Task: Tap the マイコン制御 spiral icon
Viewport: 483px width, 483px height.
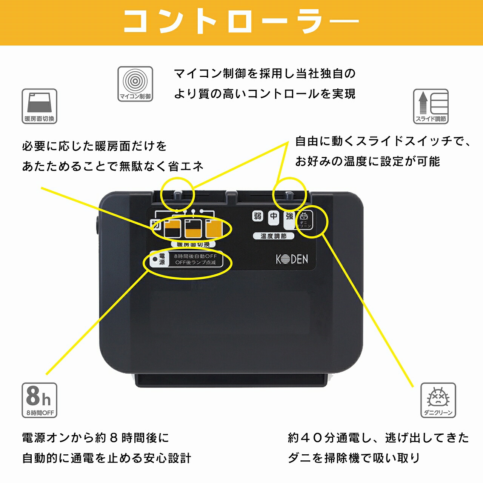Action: coord(135,84)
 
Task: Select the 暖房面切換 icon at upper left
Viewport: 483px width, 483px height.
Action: coord(39,106)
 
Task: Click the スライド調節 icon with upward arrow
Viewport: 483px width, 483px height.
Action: coord(431,106)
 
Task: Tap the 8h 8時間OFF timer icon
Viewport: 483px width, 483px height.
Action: coord(39,400)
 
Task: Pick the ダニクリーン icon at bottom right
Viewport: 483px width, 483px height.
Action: coord(438,400)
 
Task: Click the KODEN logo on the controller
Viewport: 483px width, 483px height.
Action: coord(292,259)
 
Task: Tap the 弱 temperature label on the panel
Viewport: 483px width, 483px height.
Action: coord(257,216)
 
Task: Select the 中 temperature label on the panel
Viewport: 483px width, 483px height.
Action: coord(274,216)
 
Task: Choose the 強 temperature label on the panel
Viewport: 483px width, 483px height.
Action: coord(289,216)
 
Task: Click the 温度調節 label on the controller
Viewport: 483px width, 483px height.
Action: coord(273,236)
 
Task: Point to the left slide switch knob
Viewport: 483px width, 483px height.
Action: coord(178,195)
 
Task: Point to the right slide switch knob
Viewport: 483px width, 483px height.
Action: coord(289,195)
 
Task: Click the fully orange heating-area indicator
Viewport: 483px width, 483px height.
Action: coord(213,229)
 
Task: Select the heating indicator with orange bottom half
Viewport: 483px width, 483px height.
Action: coord(193,229)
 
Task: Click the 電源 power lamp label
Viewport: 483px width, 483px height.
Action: coord(162,259)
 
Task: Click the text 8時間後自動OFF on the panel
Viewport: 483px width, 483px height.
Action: coord(195,256)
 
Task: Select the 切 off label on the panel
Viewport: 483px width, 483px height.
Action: coord(155,225)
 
